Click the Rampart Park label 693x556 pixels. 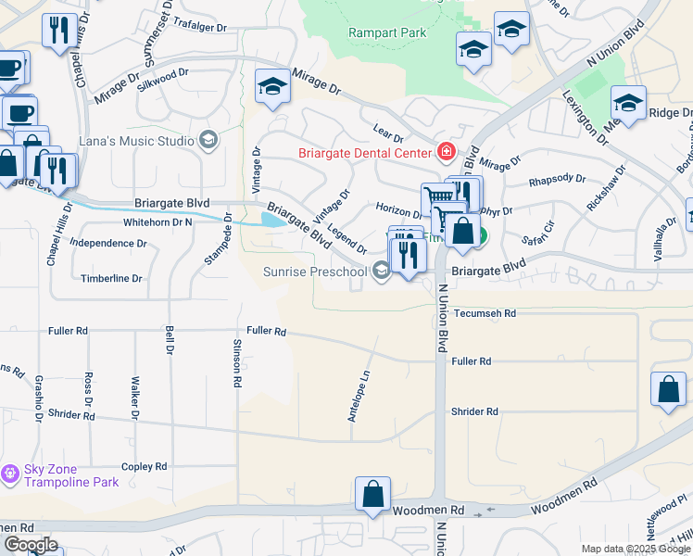(387, 32)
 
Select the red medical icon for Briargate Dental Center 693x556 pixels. (447, 152)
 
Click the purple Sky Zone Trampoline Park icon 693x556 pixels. (10, 474)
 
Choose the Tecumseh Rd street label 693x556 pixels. (484, 314)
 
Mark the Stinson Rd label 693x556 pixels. (237, 361)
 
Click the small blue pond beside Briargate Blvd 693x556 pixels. (273, 220)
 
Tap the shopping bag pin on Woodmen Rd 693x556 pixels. (372, 495)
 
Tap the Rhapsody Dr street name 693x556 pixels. (556, 180)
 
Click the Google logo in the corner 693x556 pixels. (31, 545)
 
